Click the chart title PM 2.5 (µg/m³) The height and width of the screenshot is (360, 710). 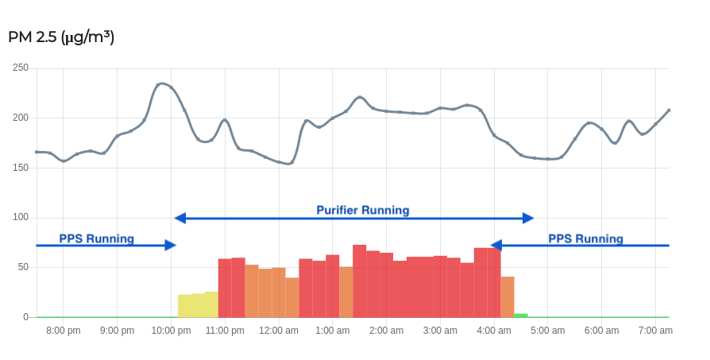tap(61, 37)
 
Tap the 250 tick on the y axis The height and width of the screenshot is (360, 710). tap(21, 68)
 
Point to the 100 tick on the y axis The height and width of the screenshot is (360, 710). tap(21, 217)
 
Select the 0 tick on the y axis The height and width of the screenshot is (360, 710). tap(25, 317)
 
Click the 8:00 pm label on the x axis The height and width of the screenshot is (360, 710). tap(63, 331)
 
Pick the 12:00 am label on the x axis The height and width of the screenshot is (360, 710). tap(279, 331)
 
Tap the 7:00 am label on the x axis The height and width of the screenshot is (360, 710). tap(656, 331)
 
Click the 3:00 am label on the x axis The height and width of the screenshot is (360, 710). tap(440, 331)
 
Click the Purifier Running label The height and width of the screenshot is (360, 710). tap(363, 211)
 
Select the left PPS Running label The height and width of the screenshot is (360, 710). tap(96, 238)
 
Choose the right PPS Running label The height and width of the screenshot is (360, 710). tap(585, 238)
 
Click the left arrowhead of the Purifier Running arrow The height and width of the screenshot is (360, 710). tap(179, 218)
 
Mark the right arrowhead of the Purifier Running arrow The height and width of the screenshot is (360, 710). tap(528, 218)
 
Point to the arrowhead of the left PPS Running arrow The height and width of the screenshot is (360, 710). tap(171, 246)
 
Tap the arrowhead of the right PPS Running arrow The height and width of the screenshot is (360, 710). tap(496, 246)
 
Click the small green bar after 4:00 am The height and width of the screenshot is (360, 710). tap(521, 315)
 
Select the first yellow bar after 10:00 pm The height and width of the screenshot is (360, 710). tap(184, 306)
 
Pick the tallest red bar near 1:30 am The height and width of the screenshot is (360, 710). tap(359, 281)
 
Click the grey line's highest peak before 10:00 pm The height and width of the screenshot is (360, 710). tap(162, 83)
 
